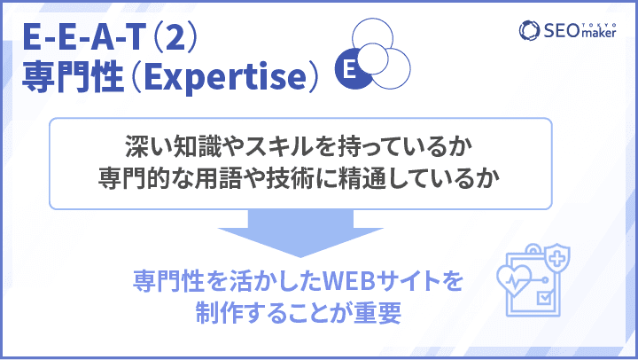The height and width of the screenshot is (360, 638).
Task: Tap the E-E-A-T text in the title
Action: [84, 36]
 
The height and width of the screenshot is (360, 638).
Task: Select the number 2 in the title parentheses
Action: [175, 36]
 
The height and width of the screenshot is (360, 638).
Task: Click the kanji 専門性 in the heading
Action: [73, 76]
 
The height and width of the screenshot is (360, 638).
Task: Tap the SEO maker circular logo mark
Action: [529, 30]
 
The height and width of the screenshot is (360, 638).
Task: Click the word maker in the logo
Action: [599, 33]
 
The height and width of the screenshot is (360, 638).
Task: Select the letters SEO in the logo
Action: [562, 30]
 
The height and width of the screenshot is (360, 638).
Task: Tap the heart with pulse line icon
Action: [515, 280]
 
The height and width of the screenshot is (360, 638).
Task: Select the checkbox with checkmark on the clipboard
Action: [544, 298]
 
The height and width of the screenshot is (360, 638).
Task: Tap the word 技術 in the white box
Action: [290, 178]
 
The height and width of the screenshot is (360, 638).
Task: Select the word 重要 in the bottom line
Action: [377, 313]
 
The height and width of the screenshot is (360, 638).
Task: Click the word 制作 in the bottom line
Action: [220, 313]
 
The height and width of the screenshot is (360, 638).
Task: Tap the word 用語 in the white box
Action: [218, 178]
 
